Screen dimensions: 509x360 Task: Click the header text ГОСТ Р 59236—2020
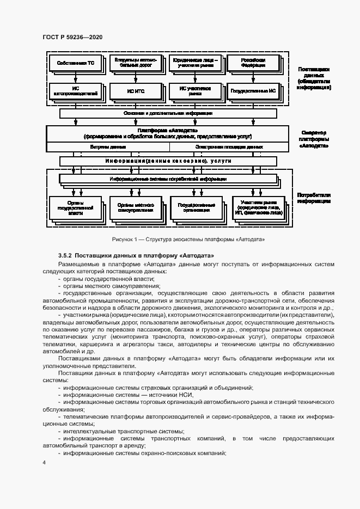[x=72, y=37]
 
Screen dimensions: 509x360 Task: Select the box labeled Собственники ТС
[x=75, y=63]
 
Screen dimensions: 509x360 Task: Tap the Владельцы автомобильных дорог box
[x=133, y=63]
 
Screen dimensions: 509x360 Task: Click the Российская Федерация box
[x=253, y=63]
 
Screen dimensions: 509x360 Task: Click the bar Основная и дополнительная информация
[x=167, y=113]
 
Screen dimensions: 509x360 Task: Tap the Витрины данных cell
[x=106, y=146]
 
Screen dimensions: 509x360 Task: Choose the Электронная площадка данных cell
[x=228, y=146]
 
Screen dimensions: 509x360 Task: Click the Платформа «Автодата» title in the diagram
[x=167, y=130]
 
